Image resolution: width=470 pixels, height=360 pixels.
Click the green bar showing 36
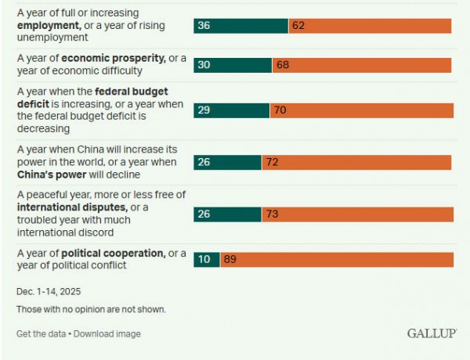click(240, 26)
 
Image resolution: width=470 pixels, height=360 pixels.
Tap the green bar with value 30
click(233, 65)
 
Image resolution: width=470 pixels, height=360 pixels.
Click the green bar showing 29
click(231, 110)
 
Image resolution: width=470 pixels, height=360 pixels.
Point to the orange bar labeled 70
click(361, 110)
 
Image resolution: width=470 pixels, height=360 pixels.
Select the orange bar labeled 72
click(356, 162)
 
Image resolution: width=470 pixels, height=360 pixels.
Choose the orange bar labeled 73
click(357, 214)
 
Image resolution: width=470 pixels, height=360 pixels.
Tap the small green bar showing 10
click(206, 259)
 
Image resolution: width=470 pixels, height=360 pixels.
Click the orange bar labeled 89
click(337, 259)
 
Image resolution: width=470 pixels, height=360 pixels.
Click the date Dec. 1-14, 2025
click(49, 291)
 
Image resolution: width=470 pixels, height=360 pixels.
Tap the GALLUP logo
click(431, 333)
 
